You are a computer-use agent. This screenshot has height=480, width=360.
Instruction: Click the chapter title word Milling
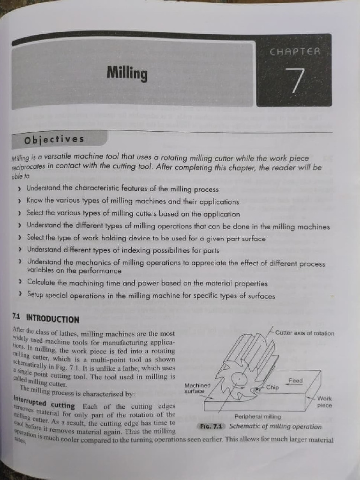127,74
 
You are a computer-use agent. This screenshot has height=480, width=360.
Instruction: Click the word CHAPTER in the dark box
295,52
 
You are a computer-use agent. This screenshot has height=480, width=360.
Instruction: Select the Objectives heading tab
54,140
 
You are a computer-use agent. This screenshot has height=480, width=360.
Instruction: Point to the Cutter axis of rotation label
305,333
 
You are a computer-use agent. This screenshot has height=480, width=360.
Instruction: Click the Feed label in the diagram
295,381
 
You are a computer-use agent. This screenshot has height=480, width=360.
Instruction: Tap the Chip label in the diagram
272,388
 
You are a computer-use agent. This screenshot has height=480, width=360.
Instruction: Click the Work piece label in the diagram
324,402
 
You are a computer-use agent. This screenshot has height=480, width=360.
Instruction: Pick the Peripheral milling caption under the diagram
257,416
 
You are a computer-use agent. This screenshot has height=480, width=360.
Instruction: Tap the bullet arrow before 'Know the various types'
19,201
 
